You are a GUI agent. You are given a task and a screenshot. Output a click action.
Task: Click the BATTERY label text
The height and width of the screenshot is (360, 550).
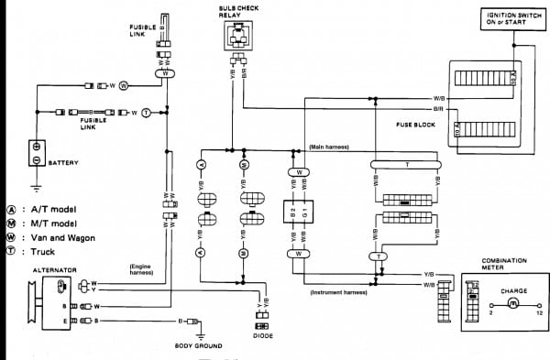coord(63,163)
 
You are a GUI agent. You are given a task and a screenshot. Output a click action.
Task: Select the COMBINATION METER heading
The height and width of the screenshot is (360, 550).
coord(502,263)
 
